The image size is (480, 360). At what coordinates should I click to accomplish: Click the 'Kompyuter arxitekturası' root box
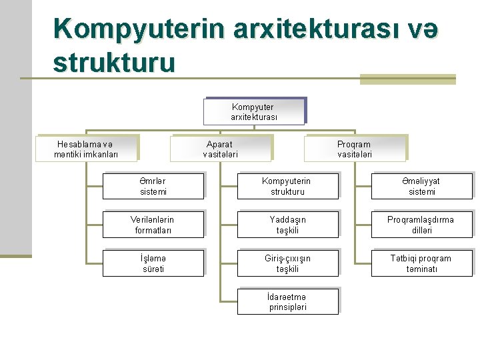(x=253, y=111)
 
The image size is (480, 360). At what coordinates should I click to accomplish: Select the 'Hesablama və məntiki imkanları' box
(x=86, y=149)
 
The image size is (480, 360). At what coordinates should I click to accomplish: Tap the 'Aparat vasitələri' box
(x=220, y=149)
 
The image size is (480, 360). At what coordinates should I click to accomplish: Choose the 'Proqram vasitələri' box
(x=354, y=149)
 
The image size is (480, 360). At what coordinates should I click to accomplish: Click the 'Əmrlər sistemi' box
(x=153, y=186)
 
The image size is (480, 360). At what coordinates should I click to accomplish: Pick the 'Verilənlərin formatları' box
(x=153, y=225)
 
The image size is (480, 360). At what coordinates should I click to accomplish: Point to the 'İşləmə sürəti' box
(x=153, y=263)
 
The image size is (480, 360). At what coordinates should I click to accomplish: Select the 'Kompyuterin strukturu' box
(x=287, y=186)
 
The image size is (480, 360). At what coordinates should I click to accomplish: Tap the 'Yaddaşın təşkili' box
(x=287, y=225)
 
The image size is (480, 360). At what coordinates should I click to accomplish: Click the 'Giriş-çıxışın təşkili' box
(x=287, y=263)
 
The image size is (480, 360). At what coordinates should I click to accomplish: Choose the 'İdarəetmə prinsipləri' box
(x=287, y=302)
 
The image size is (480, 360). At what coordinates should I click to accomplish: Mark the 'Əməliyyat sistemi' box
(x=421, y=186)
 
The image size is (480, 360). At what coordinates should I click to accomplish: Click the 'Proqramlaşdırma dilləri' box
(x=421, y=225)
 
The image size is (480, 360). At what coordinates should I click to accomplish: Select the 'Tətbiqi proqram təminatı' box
(x=421, y=263)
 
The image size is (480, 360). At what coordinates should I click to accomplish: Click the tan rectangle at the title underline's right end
(x=407, y=79)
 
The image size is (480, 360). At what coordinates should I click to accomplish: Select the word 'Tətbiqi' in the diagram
(x=403, y=258)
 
